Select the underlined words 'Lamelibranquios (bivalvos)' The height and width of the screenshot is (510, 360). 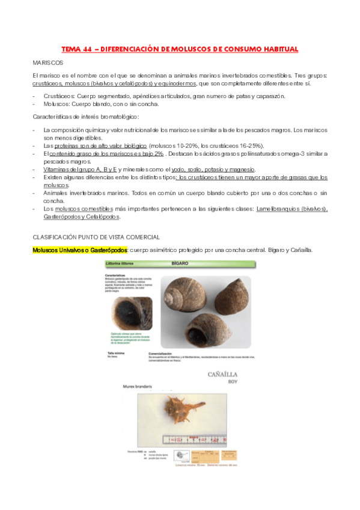(291, 209)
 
